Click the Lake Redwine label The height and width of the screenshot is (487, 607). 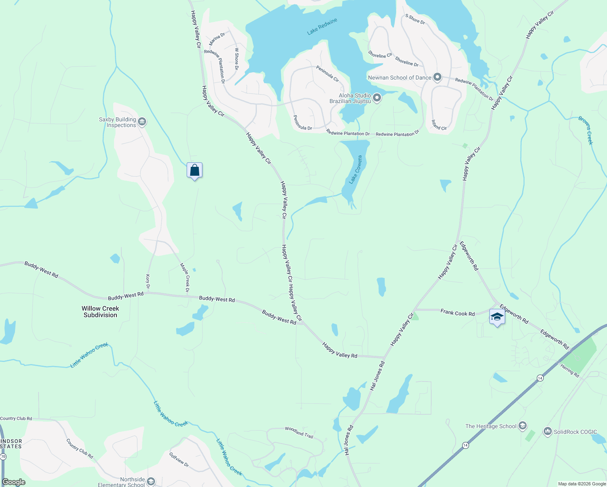322,27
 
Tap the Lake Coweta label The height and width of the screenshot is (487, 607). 355,170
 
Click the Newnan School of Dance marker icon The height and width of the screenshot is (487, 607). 437,77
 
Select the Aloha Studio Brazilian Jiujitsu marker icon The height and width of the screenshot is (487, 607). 377,98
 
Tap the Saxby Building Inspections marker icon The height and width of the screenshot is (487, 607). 142,122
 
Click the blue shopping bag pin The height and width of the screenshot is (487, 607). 194,170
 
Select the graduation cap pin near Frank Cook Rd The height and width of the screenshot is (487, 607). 497,317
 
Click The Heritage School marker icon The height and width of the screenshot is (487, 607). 523,426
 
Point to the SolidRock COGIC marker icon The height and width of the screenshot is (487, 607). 548,431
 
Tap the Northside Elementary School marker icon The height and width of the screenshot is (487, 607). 151,481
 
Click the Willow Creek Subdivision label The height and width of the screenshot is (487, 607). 100,312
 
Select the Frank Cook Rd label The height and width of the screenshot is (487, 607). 457,313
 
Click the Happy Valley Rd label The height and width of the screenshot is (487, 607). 340,350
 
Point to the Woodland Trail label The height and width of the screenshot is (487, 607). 299,432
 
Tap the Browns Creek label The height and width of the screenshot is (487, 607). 585,130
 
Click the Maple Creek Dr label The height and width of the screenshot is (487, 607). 185,278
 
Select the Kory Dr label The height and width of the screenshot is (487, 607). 148,281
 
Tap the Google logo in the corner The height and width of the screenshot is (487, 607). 14,482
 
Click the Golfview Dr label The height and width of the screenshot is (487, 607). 179,459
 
